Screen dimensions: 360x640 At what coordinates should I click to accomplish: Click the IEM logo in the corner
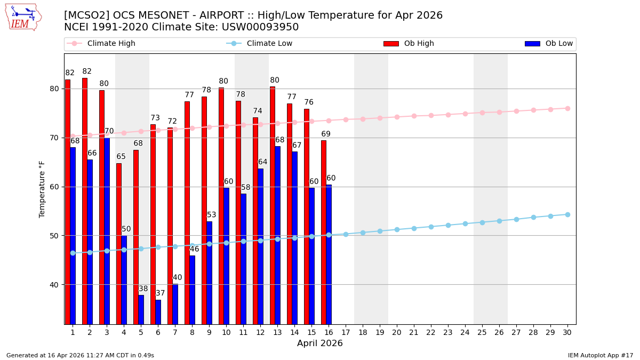click(23, 17)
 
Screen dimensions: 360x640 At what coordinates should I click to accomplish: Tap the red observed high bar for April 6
click(153, 224)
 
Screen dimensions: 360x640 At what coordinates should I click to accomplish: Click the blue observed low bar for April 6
click(158, 311)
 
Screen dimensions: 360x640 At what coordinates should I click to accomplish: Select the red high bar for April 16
click(324, 232)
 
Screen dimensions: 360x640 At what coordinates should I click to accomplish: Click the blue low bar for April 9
click(209, 273)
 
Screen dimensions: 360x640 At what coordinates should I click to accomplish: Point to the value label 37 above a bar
click(161, 293)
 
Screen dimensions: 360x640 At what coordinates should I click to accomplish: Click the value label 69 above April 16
click(326, 134)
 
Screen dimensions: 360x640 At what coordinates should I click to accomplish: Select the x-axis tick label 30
click(567, 332)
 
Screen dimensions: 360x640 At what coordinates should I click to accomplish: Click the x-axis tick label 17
click(346, 332)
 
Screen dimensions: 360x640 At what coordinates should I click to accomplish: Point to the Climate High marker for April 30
click(567, 108)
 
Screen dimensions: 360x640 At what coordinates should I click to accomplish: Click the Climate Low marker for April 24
click(465, 223)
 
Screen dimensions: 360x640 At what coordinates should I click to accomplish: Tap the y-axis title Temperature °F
click(43, 189)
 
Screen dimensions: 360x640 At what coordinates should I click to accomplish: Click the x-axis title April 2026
click(320, 344)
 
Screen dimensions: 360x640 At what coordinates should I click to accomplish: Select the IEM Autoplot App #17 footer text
click(600, 355)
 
